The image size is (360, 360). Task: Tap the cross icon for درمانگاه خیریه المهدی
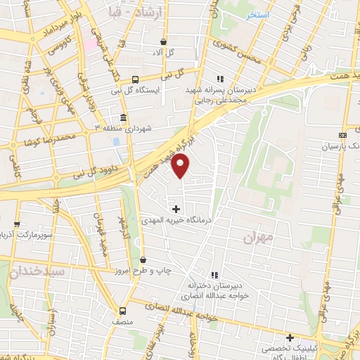pos(176,209)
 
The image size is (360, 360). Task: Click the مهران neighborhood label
pos(257,239)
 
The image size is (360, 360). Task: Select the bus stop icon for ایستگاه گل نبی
pos(135,80)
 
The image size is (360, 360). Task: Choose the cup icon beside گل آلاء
pos(163,42)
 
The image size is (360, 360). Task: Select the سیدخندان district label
pos(42,270)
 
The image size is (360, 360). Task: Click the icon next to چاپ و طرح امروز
pos(143,261)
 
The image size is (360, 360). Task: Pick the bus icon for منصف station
pos(123,310)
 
